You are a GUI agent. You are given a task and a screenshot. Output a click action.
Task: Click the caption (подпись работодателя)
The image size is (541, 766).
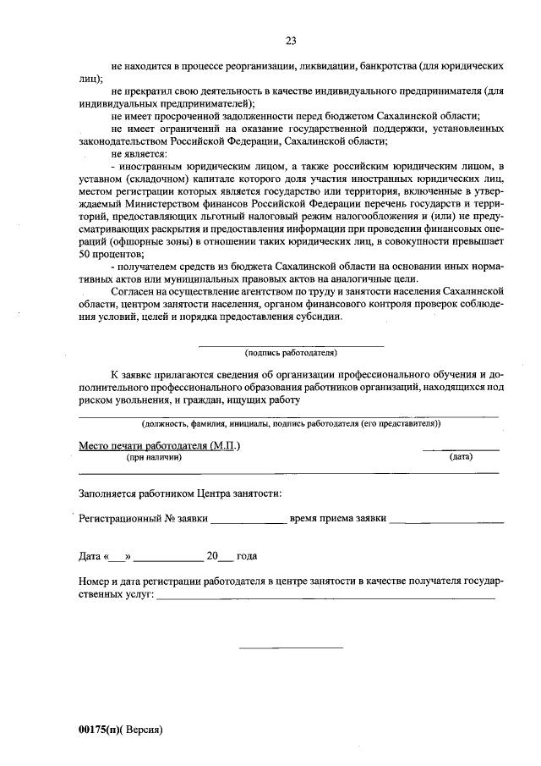[x=291, y=352]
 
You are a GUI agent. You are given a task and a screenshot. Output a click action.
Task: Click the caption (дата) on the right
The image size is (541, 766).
[x=461, y=457]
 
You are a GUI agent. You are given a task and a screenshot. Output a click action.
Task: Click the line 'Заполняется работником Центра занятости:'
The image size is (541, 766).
[x=180, y=493]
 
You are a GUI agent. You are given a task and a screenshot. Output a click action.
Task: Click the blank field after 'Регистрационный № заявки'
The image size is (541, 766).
[x=248, y=521]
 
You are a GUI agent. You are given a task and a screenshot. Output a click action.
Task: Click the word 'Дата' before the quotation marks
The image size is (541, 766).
[x=90, y=557]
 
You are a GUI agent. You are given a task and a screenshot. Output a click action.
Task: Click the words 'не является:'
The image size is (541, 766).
[x=139, y=155]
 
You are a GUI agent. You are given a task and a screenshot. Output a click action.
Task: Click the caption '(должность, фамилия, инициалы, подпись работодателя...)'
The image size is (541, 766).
[x=291, y=422]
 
